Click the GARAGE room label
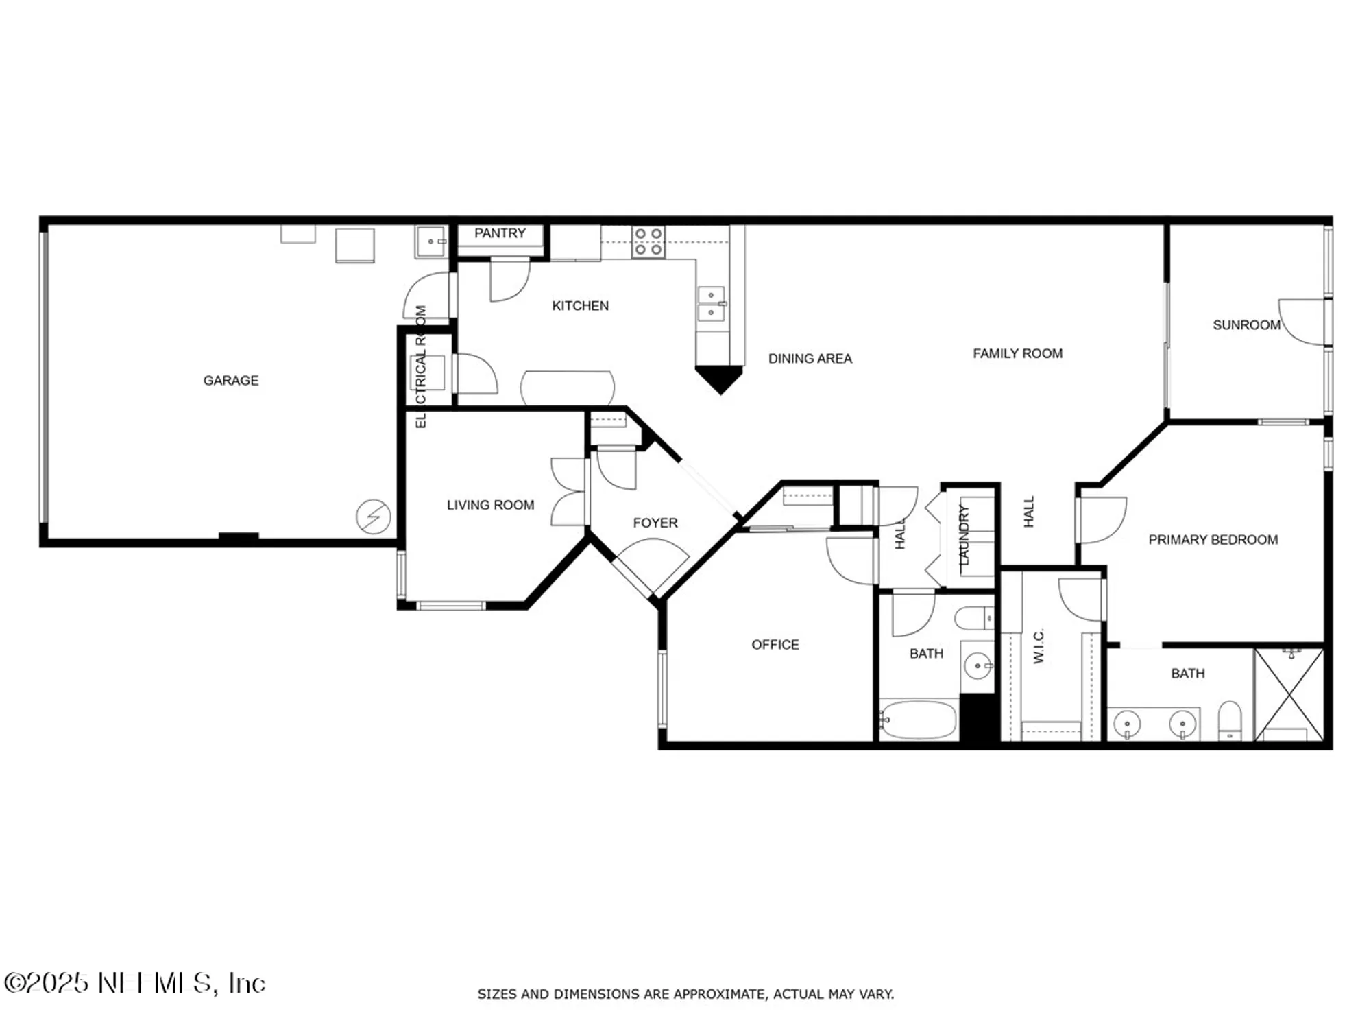click(231, 380)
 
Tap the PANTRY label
click(500, 233)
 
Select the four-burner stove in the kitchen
click(648, 242)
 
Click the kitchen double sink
click(711, 304)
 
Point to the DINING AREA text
click(810, 358)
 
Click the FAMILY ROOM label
click(1017, 353)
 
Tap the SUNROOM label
click(1246, 325)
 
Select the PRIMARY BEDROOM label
click(1213, 540)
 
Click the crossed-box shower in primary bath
click(1289, 694)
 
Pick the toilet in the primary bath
click(1230, 720)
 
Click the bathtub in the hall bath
click(918, 719)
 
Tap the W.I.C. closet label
click(1039, 646)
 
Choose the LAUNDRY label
click(964, 535)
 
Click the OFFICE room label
click(775, 645)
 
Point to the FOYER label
click(655, 523)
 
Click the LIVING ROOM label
click(490, 505)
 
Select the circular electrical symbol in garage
click(374, 517)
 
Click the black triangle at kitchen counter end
click(719, 378)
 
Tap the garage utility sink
click(430, 241)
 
